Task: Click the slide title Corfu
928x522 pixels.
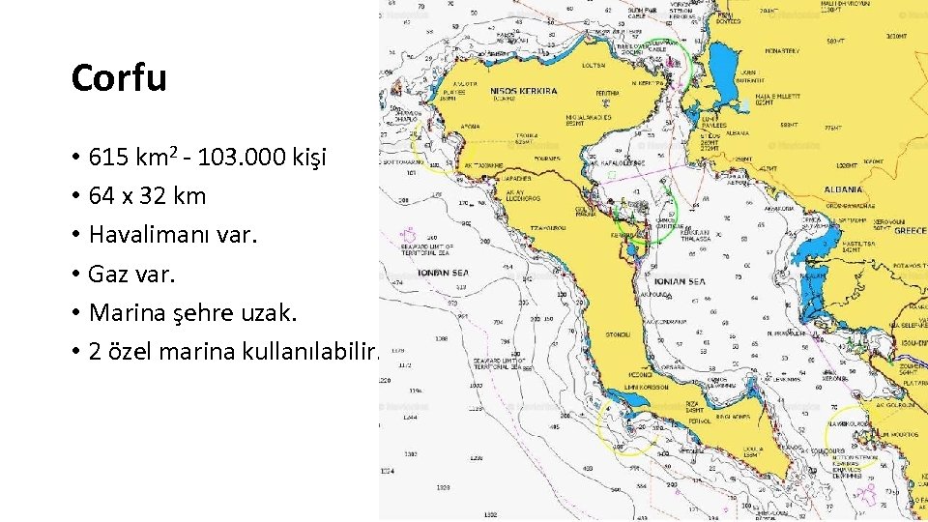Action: (x=119, y=78)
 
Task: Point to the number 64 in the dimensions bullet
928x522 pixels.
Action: (x=101, y=195)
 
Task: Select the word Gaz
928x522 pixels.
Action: (x=108, y=274)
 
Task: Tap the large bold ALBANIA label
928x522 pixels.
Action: (x=844, y=189)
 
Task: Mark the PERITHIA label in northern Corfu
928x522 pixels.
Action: (x=608, y=94)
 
